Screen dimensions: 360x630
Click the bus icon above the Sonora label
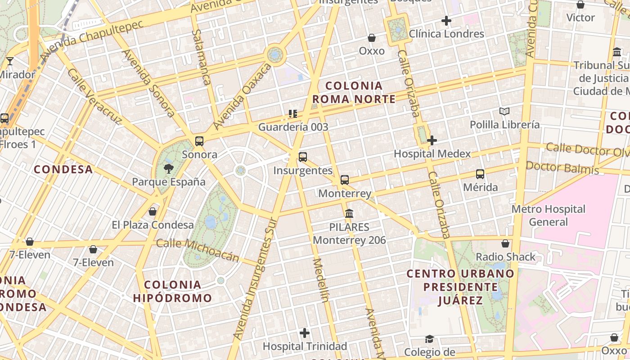click(199, 141)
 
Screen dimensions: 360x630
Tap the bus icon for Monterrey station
click(345, 180)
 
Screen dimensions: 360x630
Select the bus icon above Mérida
click(480, 174)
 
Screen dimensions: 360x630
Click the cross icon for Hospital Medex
click(432, 140)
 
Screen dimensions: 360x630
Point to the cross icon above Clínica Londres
click(446, 21)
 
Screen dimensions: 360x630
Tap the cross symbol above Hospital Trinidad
click(305, 333)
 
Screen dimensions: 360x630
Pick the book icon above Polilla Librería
click(504, 111)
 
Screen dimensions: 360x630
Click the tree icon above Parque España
click(169, 169)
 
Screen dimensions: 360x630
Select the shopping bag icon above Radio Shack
click(506, 244)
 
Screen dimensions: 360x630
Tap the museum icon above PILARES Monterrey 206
click(349, 213)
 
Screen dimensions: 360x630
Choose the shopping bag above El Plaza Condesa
click(153, 211)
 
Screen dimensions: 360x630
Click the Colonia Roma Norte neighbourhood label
click(354, 92)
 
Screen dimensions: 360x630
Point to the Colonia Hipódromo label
click(172, 291)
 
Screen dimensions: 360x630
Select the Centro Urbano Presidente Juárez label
click(460, 287)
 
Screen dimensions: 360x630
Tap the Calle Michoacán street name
click(198, 250)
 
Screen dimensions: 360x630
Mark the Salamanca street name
click(201, 57)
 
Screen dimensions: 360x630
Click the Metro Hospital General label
click(549, 215)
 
